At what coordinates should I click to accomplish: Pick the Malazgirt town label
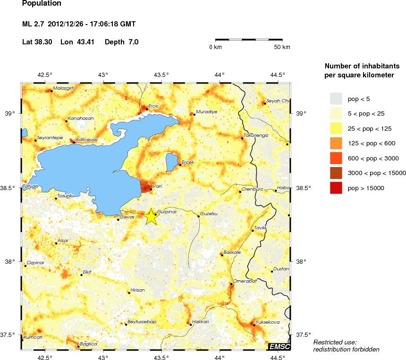point(64,88)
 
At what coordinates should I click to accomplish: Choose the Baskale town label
point(232,252)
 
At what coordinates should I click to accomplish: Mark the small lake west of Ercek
point(171,161)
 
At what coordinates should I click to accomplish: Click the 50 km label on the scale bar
point(282,47)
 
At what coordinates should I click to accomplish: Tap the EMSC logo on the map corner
point(279,347)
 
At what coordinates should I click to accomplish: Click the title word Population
point(42,4)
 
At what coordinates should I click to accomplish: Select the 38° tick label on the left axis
point(10,262)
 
